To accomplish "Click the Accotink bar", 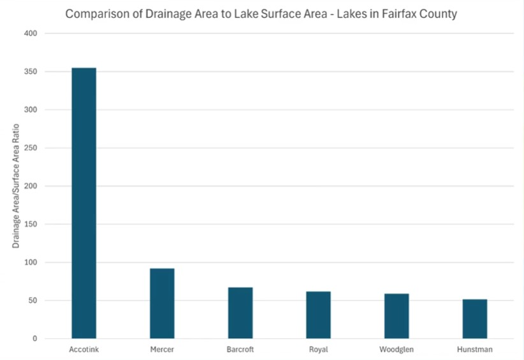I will coord(84,203).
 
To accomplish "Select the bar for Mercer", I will coord(162,303).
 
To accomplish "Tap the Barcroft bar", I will coord(240,313).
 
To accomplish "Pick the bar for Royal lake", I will coord(318,315).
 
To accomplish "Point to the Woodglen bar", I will coord(397,316).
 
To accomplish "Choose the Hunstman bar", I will coord(475,319).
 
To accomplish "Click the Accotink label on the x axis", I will coord(84,349).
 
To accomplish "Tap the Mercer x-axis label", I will coord(162,349).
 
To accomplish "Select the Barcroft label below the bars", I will coord(240,349).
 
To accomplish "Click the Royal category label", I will coord(318,349).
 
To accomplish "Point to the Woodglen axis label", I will coord(397,349).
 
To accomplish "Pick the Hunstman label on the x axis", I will coord(475,349).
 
